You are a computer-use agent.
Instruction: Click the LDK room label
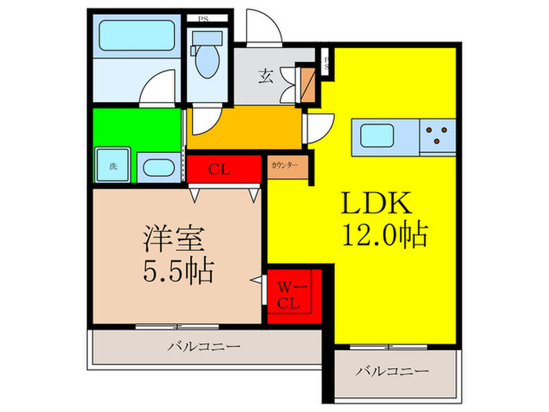376,204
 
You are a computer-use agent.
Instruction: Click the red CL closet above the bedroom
223,168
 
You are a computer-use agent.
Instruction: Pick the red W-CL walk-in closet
293,295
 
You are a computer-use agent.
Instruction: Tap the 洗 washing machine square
113,166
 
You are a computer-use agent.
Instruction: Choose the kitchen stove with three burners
439,137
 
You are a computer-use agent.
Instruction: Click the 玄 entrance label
266,76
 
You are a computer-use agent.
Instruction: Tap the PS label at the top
202,18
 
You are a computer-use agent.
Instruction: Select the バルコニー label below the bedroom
205,345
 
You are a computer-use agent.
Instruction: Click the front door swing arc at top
262,27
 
